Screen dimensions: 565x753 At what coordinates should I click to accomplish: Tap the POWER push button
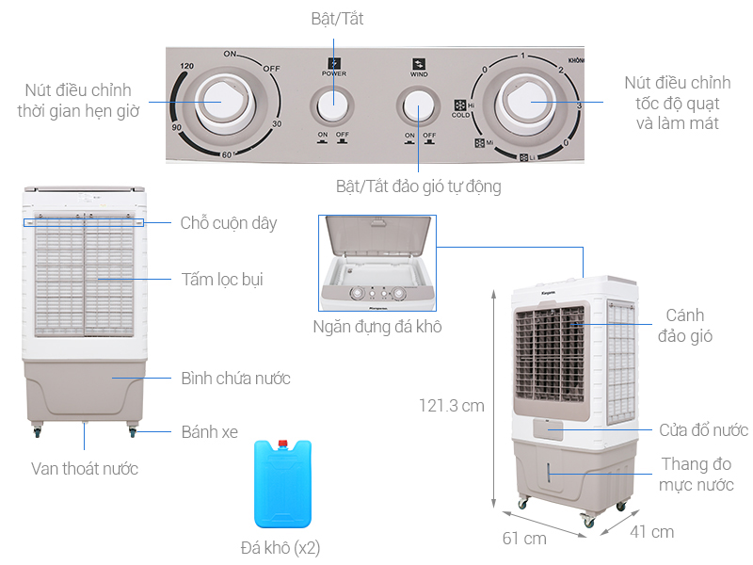coord(332,105)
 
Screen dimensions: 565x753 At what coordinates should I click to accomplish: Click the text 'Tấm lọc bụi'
coord(222,279)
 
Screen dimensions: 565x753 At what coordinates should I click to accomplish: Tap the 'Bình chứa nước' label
coord(235,379)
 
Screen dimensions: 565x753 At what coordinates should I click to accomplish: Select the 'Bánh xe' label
coord(210,433)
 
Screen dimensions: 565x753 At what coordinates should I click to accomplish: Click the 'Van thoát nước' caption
coord(85,469)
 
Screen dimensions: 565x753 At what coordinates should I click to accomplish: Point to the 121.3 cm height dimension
coord(452,406)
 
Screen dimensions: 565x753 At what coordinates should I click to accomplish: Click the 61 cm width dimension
coord(524,539)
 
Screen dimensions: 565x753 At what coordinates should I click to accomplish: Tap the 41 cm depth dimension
coord(651,532)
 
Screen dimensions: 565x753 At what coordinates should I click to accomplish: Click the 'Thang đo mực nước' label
coord(697,475)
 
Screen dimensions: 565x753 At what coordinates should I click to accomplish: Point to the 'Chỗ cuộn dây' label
coord(229,223)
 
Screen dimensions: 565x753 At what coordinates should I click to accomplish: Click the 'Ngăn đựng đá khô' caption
coord(377,327)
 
